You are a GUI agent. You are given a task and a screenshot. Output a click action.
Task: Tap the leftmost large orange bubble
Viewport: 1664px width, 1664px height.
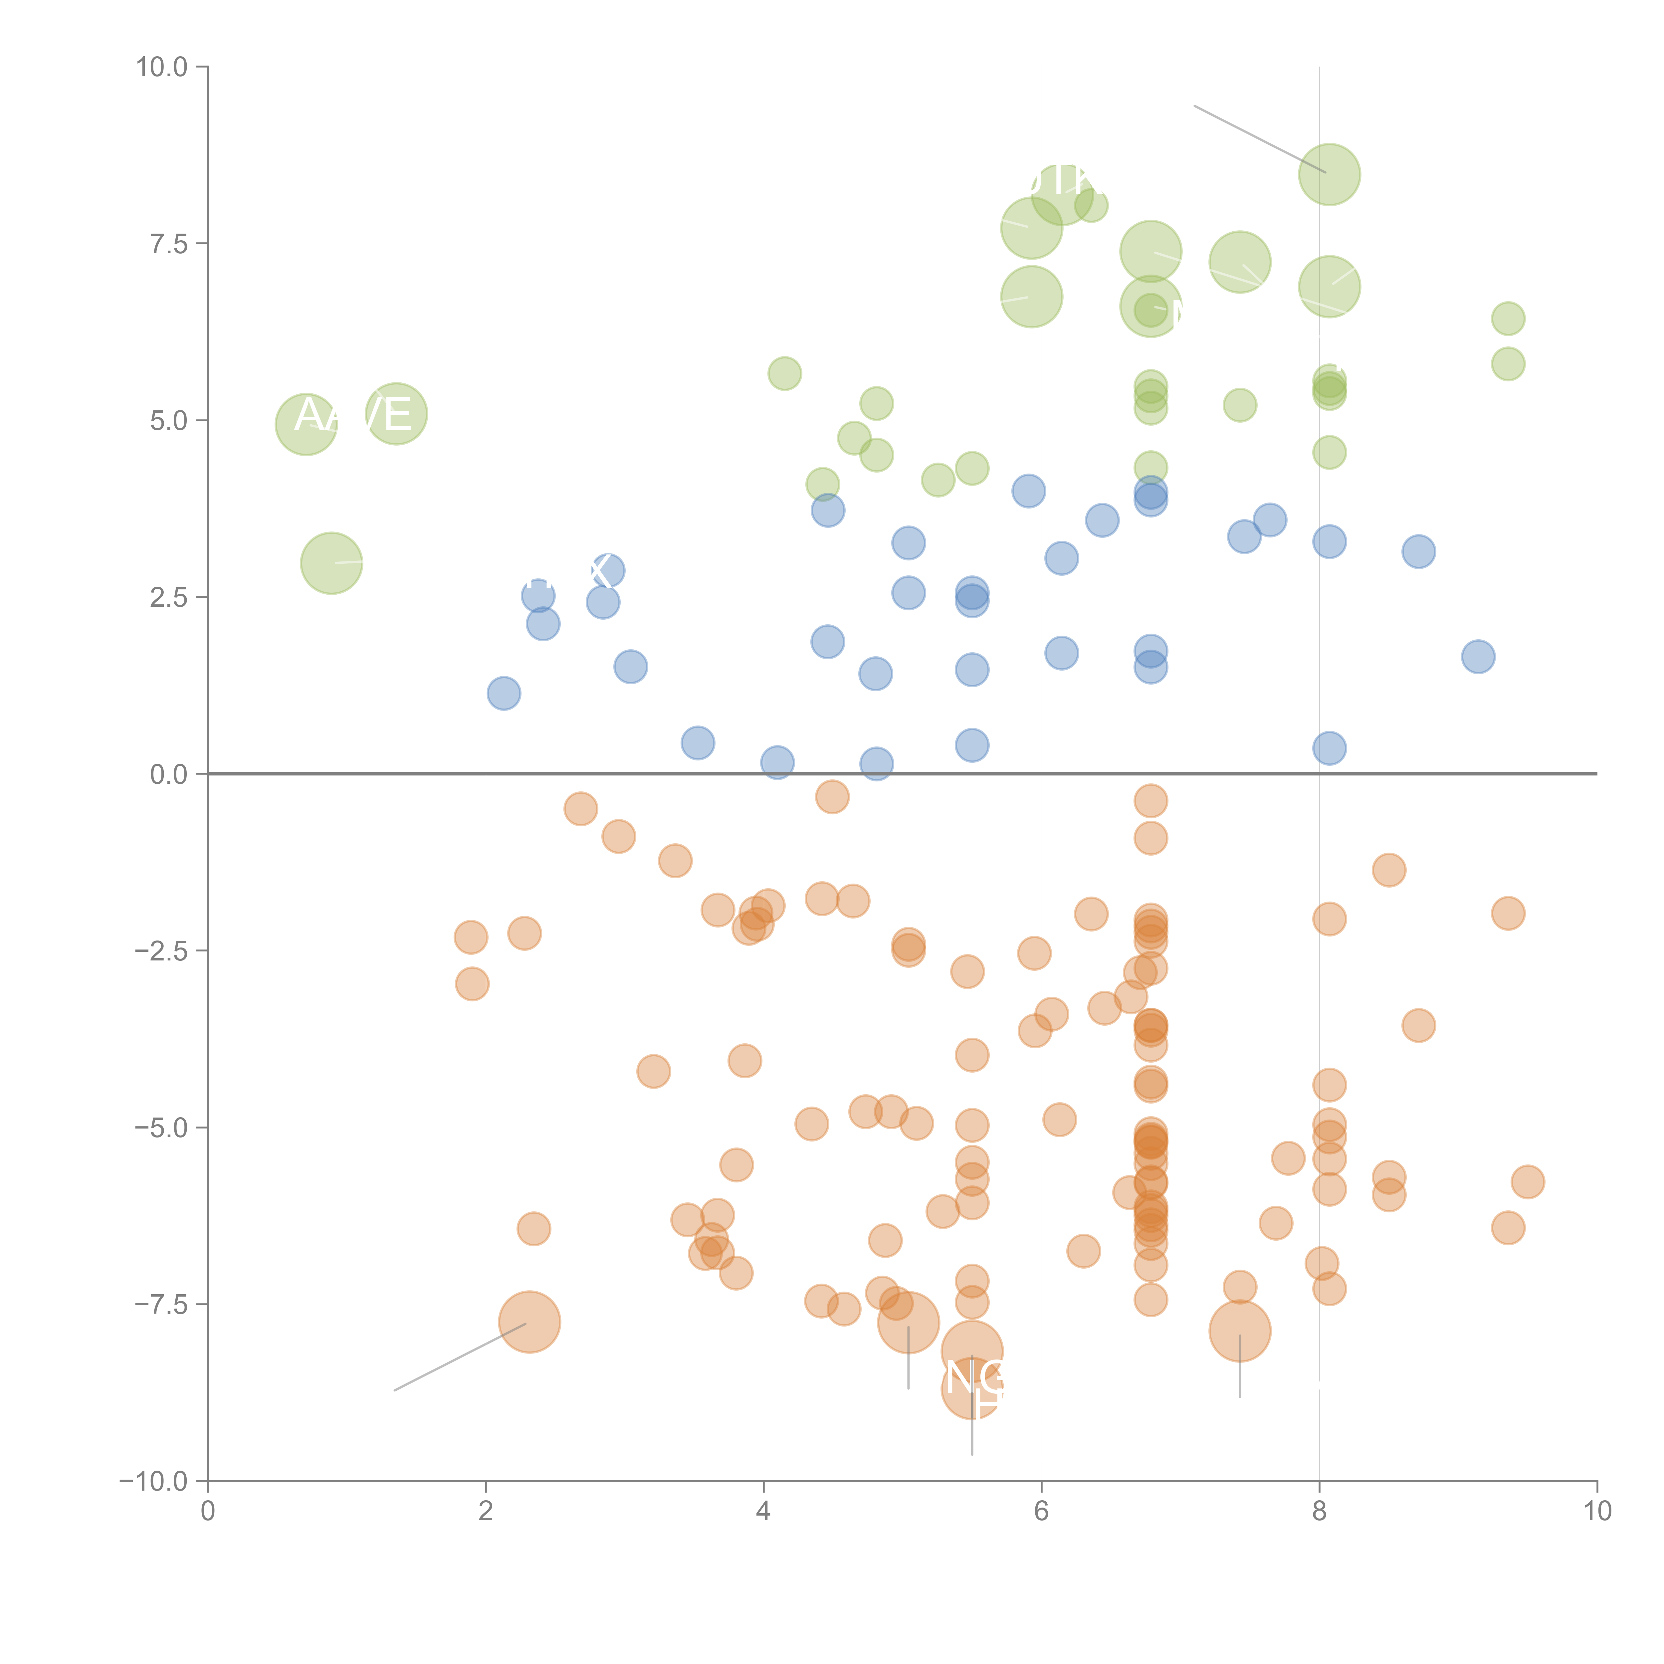point(530,1322)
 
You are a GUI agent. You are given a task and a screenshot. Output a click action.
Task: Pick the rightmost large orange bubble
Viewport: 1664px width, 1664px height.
point(1239,1331)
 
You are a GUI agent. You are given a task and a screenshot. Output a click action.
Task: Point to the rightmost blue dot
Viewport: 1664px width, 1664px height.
point(1478,657)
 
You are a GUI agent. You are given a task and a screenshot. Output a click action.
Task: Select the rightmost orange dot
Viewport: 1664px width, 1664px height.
point(1527,1182)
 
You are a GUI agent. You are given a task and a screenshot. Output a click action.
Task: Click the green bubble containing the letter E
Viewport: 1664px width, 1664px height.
point(396,414)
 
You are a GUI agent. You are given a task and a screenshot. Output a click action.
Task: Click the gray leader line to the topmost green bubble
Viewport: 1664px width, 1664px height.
point(1257,138)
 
